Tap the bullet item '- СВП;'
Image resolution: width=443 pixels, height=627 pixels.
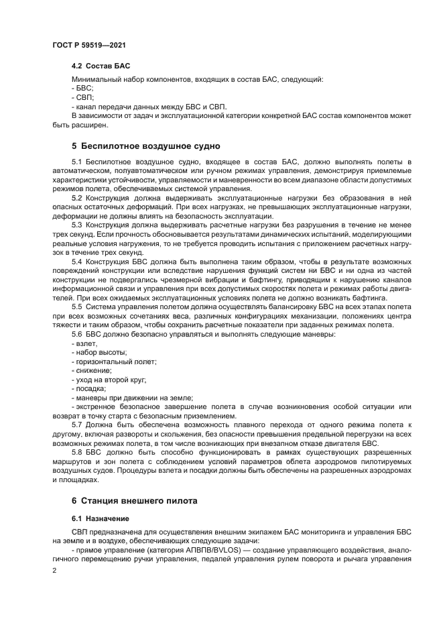82,97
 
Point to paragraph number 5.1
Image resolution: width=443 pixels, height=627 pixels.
76,163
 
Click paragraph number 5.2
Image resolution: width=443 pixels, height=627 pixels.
76,198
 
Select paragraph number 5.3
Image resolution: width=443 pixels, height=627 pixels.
76,224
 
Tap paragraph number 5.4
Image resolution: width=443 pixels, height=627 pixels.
76,260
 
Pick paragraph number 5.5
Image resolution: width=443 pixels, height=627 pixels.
76,306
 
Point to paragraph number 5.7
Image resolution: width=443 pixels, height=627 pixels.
76,425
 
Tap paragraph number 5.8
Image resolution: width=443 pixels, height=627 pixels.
76,452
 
